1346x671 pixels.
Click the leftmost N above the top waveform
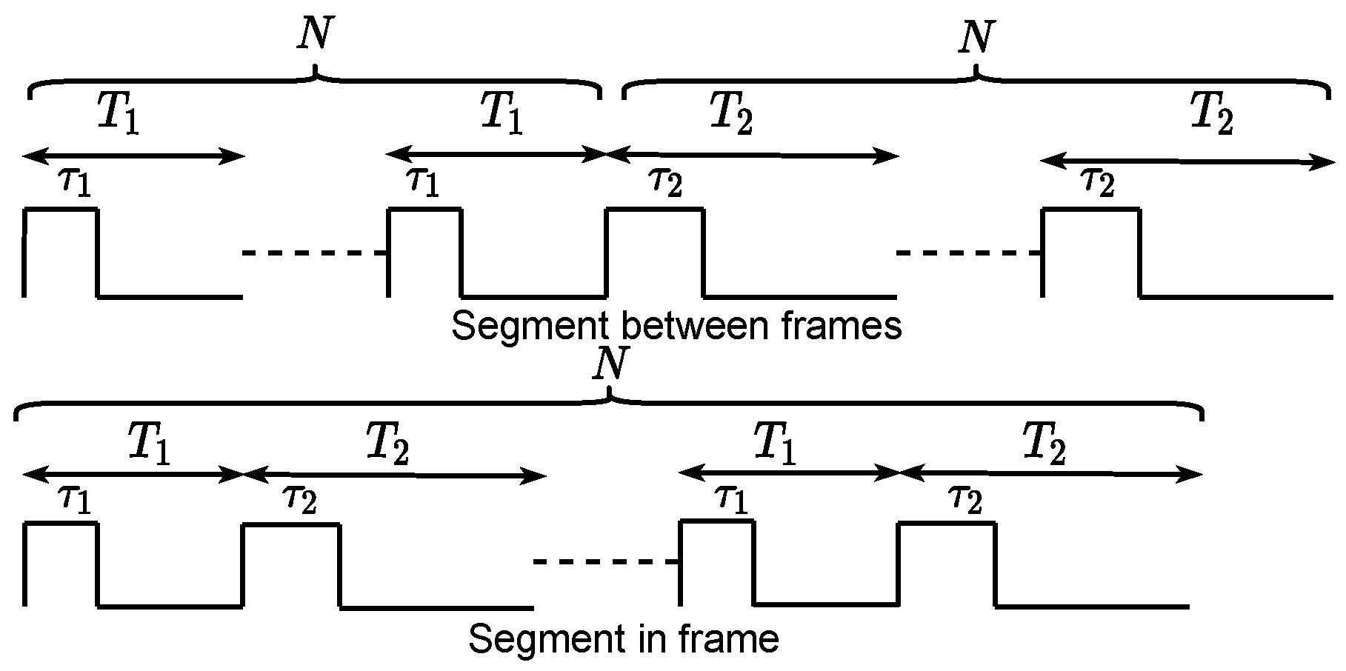click(x=314, y=34)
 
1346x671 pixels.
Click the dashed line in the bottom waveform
click(x=606, y=562)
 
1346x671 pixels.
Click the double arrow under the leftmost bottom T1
click(x=133, y=475)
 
